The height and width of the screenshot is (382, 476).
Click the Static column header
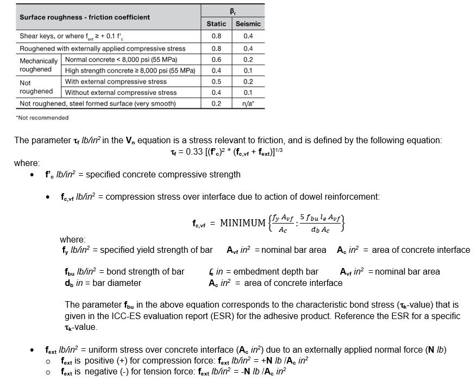tap(216, 24)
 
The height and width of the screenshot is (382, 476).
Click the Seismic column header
tap(248, 24)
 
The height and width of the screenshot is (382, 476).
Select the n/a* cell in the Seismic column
tap(248, 104)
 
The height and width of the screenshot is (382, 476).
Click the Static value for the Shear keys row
tap(216, 36)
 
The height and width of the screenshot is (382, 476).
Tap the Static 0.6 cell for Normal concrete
tap(216, 60)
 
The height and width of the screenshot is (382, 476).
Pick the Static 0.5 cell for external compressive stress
tap(216, 81)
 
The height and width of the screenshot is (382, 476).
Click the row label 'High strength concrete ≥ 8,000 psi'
tap(130, 71)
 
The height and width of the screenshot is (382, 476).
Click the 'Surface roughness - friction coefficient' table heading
tap(85, 17)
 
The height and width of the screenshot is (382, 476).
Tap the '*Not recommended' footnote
tap(42, 118)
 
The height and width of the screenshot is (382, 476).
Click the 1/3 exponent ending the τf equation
tap(279, 149)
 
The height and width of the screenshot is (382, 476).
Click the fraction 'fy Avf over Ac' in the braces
tap(283, 223)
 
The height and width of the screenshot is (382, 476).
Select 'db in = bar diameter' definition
tap(103, 283)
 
